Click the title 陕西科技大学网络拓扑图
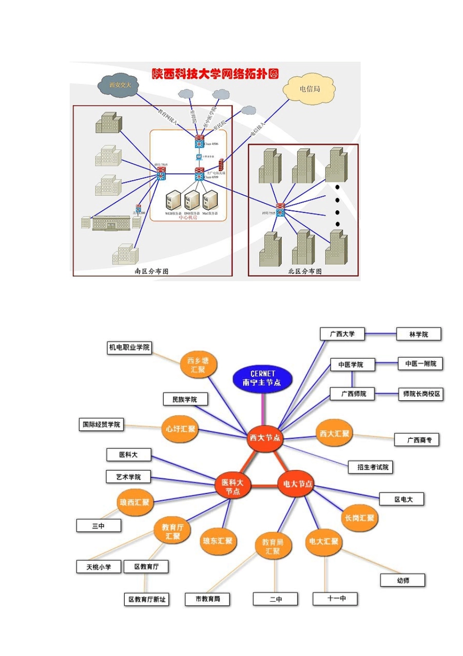pyautogui.click(x=215, y=74)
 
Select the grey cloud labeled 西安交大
pyautogui.click(x=120, y=85)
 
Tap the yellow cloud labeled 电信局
pyautogui.click(x=309, y=89)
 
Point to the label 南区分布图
pyautogui.click(x=152, y=271)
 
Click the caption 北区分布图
pyautogui.click(x=305, y=271)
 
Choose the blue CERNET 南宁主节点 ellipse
pyautogui.click(x=262, y=378)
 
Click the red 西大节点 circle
pyautogui.click(x=265, y=437)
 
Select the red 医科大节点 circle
pyautogui.click(x=232, y=487)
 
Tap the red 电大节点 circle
pyautogui.click(x=297, y=484)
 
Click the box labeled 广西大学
pyautogui.click(x=342, y=334)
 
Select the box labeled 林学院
pyautogui.click(x=418, y=334)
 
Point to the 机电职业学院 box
pyautogui.click(x=129, y=347)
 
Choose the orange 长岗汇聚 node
pyautogui.click(x=359, y=518)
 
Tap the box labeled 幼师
pyautogui.click(x=403, y=580)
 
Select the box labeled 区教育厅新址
pyautogui.click(x=147, y=599)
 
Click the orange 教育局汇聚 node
pyautogui.click(x=273, y=546)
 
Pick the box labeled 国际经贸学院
pyautogui.click(x=101, y=425)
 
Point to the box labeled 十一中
pyautogui.click(x=335, y=598)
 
